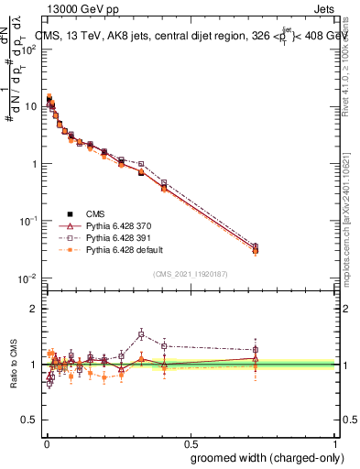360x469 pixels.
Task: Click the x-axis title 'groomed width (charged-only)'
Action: pyautogui.click(x=262, y=457)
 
